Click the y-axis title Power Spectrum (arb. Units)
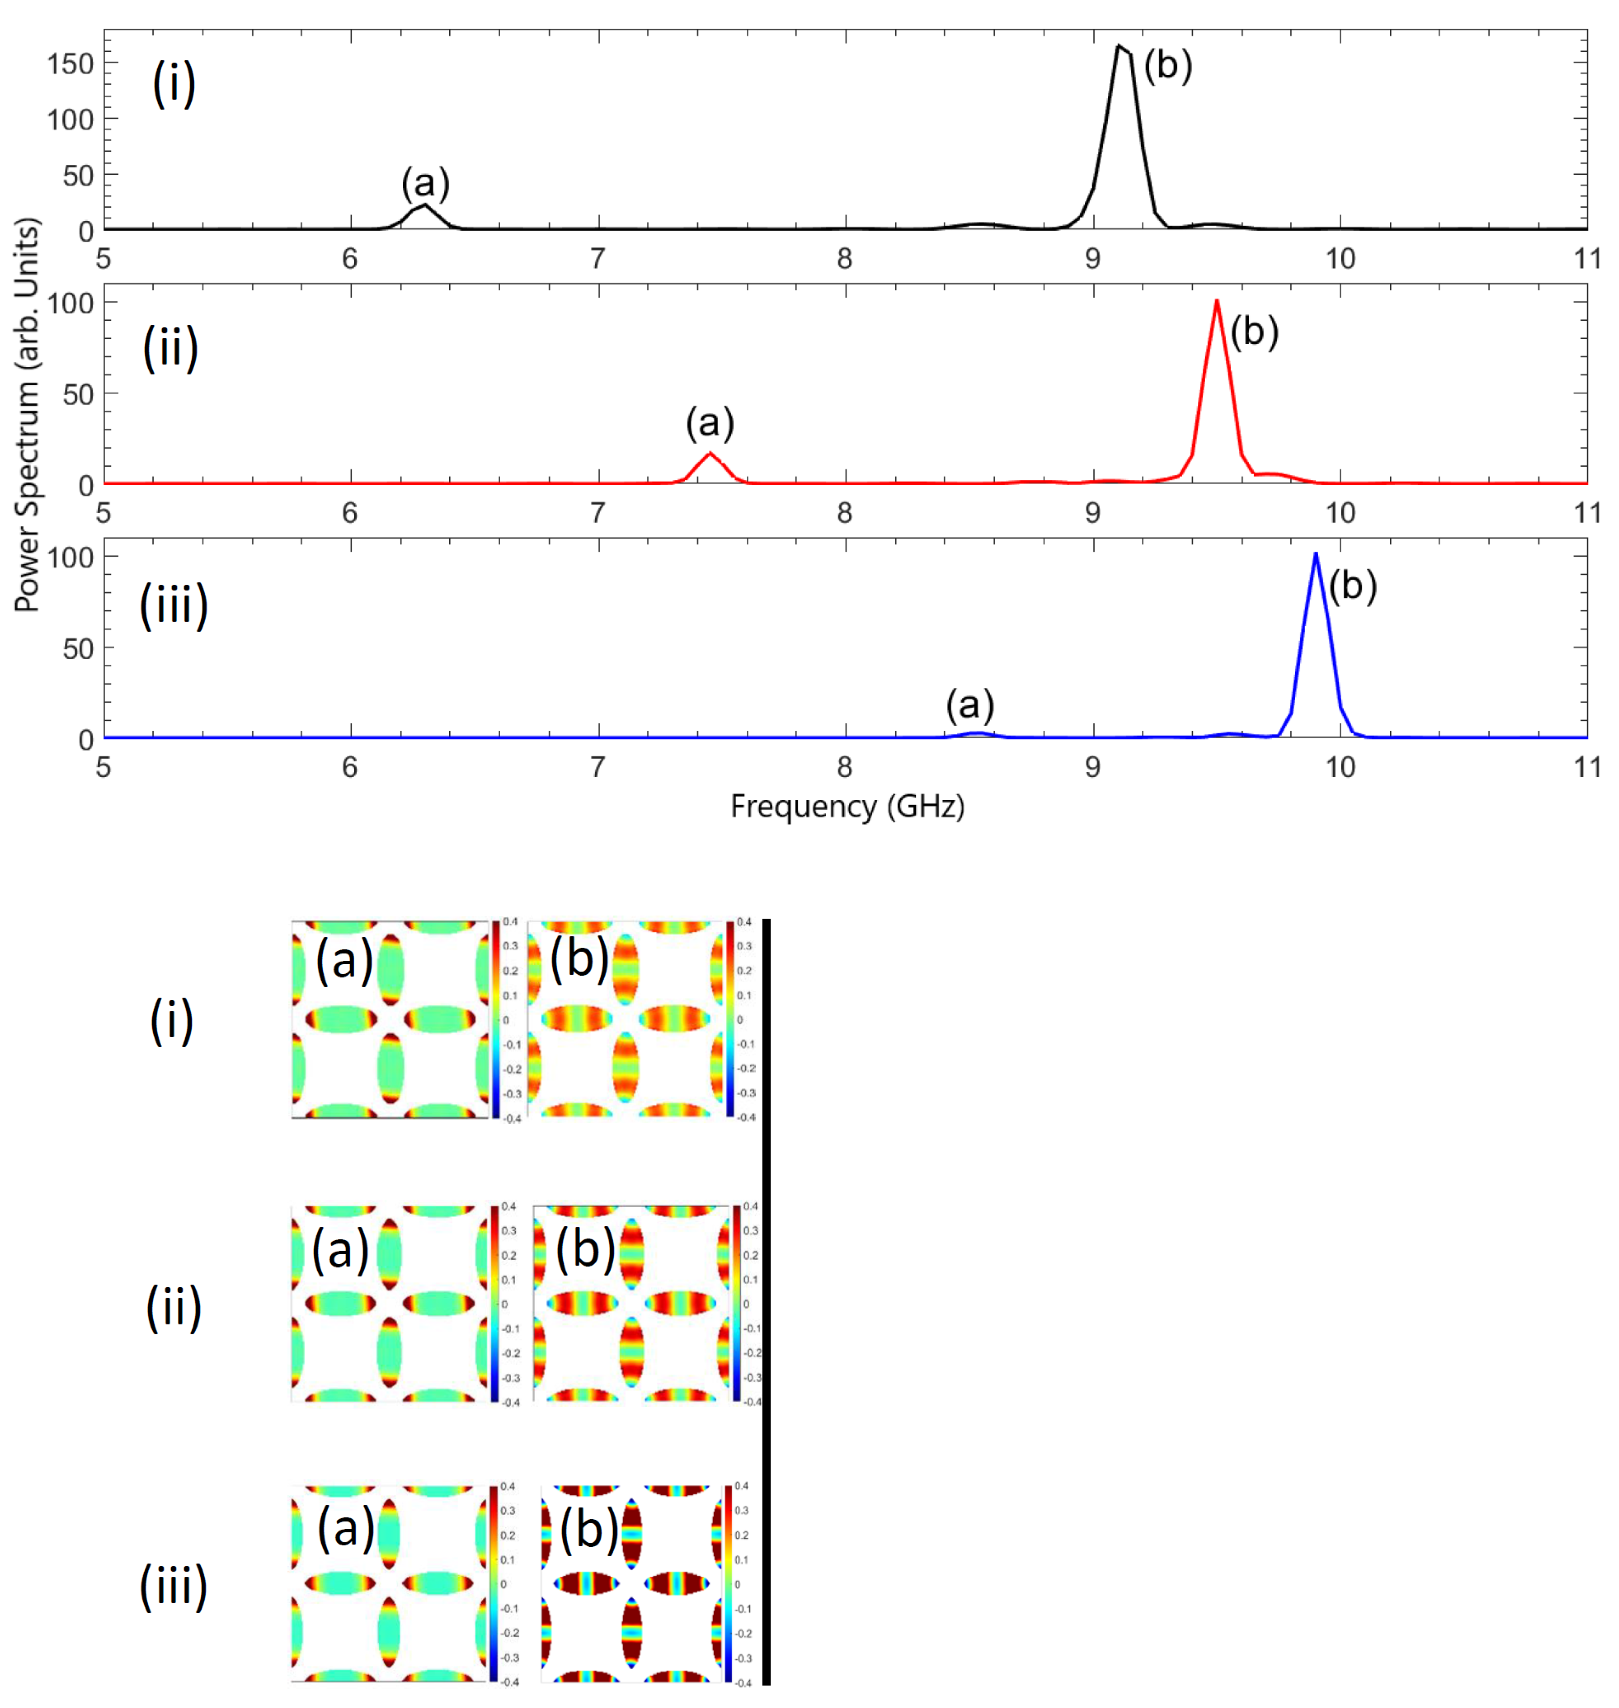click(28, 414)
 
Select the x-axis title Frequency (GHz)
click(848, 806)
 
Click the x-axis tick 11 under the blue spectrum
click(1586, 767)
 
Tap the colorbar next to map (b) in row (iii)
click(728, 1584)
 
